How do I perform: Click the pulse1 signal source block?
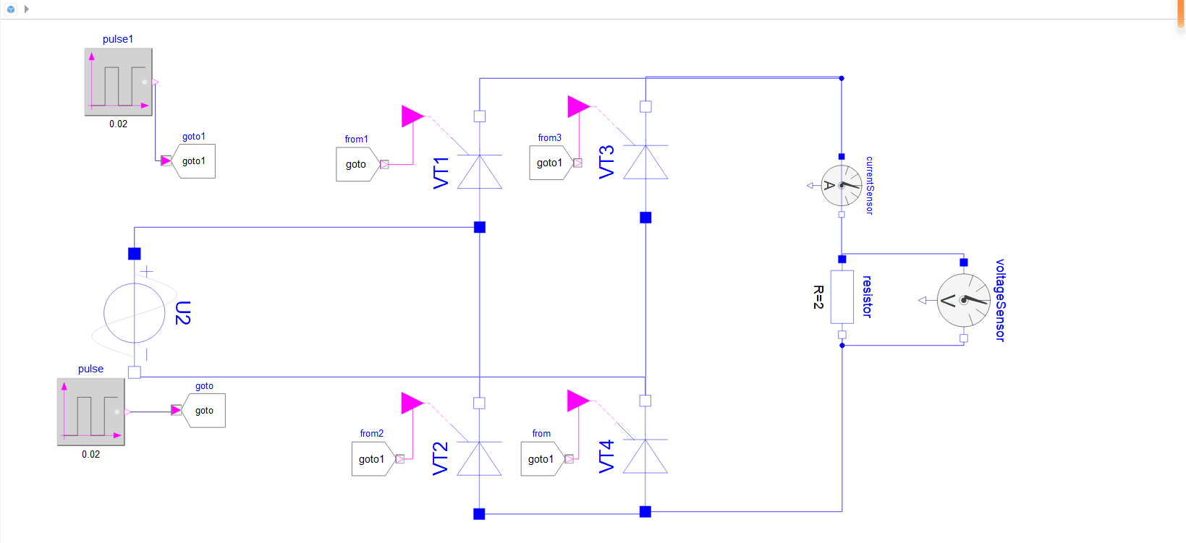tap(119, 82)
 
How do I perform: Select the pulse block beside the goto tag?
tap(91, 411)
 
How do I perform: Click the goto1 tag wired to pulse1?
tap(194, 161)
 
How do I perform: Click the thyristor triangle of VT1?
tap(480, 172)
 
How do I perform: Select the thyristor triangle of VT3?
tap(645, 163)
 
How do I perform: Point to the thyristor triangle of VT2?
tap(479, 459)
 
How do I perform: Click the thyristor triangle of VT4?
tap(645, 456)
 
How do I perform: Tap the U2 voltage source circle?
tap(135, 313)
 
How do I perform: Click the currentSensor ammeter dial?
tap(842, 185)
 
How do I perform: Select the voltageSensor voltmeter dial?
tap(964, 300)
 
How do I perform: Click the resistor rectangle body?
tap(842, 297)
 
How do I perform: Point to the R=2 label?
tap(818, 297)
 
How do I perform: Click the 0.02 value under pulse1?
tap(118, 124)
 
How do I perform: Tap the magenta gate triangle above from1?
tap(412, 116)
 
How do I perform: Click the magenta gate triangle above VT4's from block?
tap(578, 401)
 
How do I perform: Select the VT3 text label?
tap(607, 162)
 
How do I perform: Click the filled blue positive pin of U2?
tap(135, 254)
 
